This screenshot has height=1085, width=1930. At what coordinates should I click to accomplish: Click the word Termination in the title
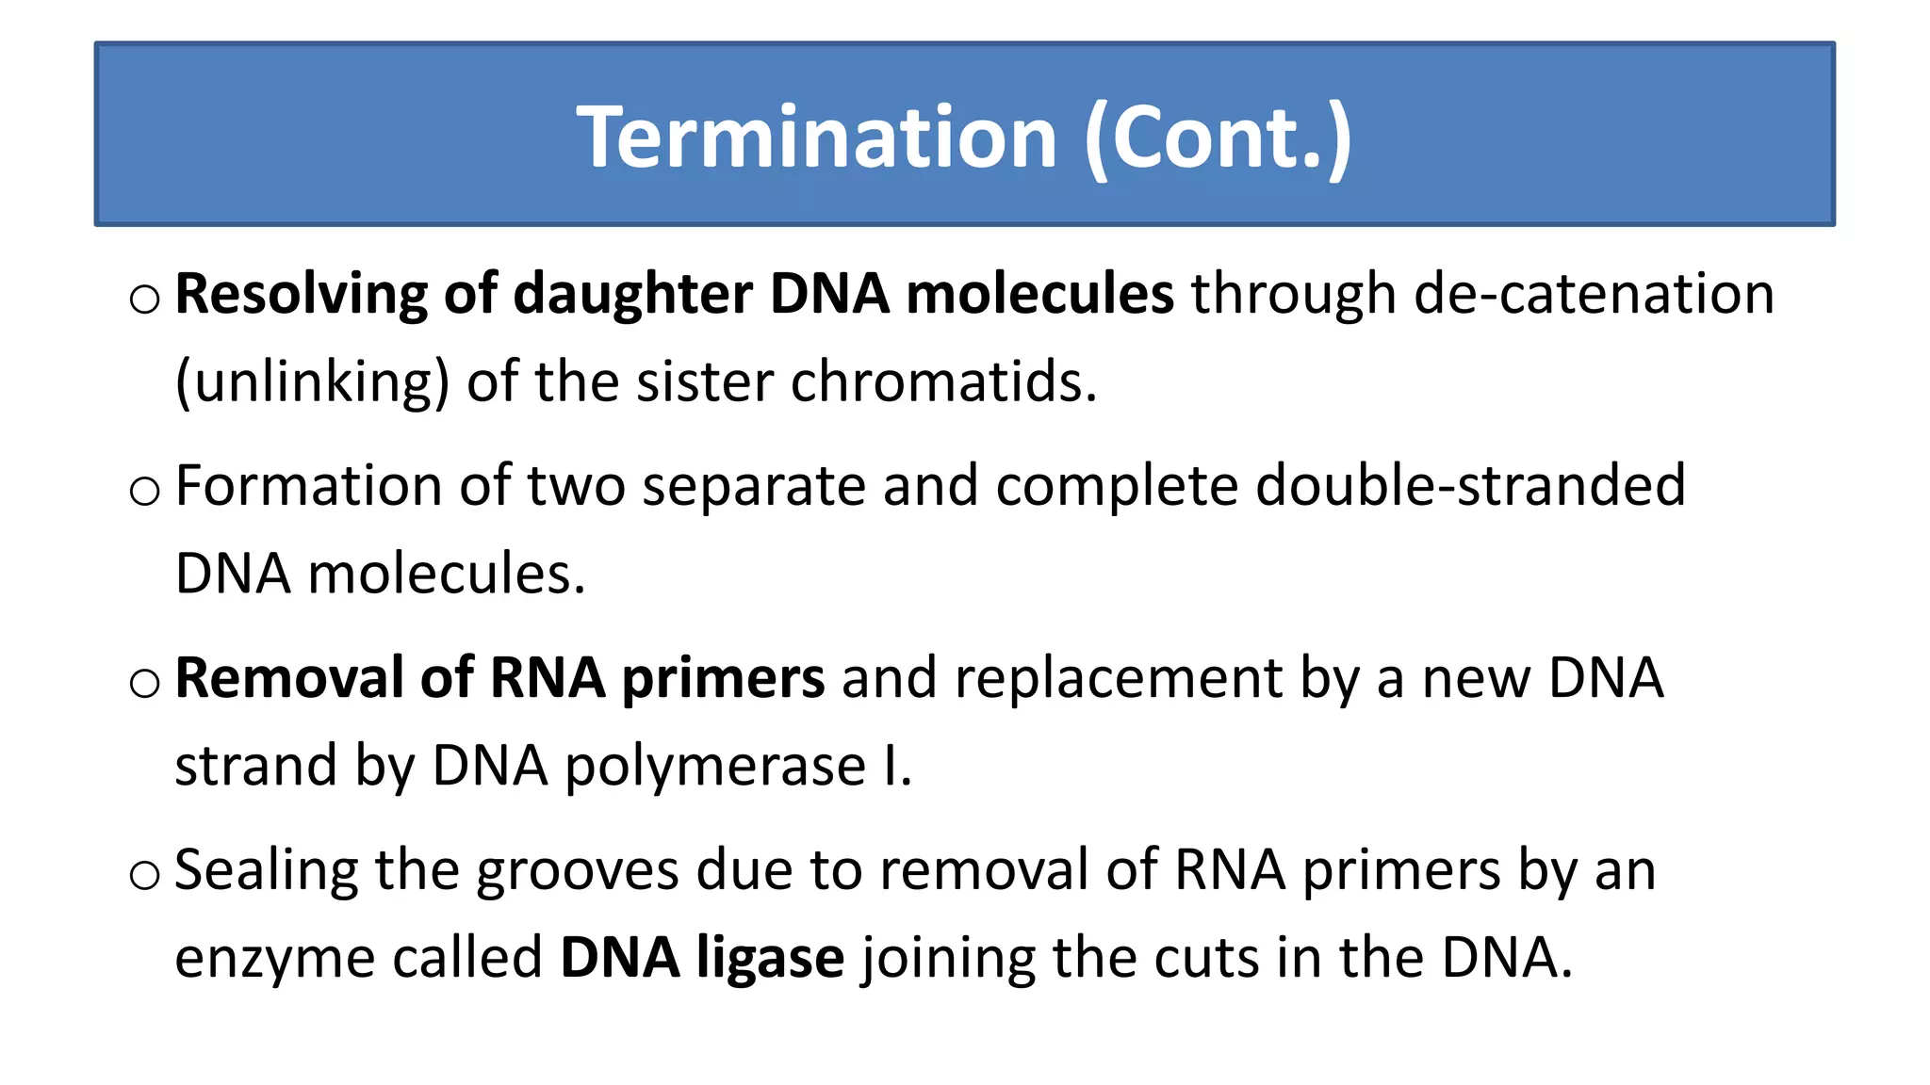click(x=816, y=138)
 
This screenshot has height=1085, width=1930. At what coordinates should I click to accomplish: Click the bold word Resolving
click(x=301, y=294)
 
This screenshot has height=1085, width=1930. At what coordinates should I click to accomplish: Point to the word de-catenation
click(x=1595, y=294)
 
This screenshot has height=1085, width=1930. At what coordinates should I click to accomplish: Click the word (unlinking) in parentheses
click(x=312, y=382)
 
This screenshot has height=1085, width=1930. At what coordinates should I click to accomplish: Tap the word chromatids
click(x=943, y=382)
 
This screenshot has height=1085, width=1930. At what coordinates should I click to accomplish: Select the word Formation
click(x=308, y=486)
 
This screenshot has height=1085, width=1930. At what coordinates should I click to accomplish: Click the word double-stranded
click(x=1470, y=486)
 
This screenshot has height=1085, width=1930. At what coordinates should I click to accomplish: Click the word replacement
click(x=1118, y=678)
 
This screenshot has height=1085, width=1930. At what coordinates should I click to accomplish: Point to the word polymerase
click(x=714, y=766)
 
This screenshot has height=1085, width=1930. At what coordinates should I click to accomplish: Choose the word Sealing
click(x=267, y=870)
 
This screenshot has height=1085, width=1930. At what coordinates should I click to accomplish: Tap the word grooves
click(x=577, y=870)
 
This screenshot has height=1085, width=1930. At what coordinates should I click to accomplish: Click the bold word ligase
click(x=770, y=958)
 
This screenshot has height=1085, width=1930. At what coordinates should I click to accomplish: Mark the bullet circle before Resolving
click(x=145, y=300)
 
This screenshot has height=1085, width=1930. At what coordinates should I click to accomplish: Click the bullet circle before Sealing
click(x=145, y=876)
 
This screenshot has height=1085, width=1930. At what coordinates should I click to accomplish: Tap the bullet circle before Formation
click(x=145, y=492)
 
